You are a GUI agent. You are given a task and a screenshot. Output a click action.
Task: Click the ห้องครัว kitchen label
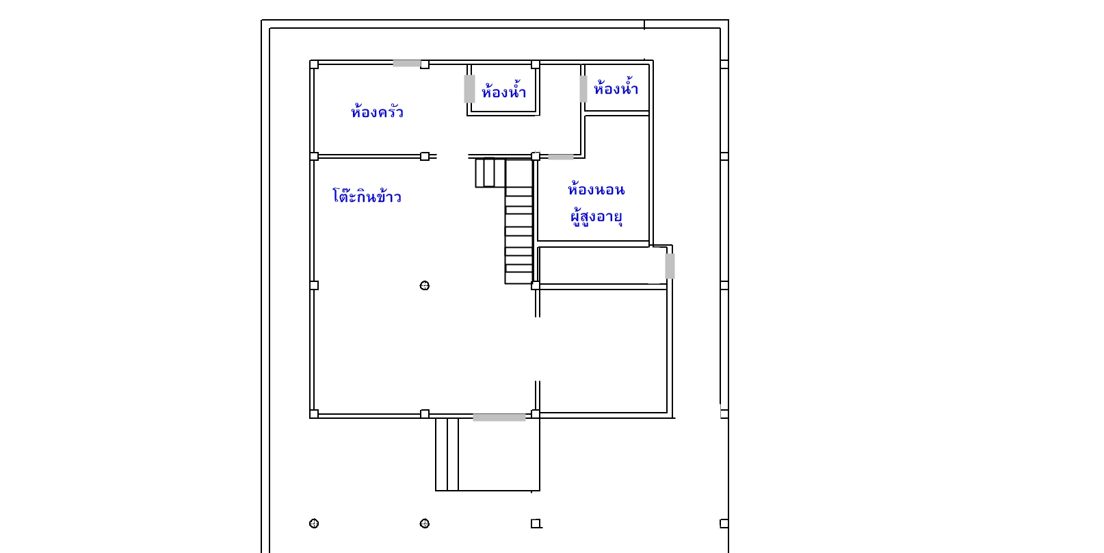(x=377, y=112)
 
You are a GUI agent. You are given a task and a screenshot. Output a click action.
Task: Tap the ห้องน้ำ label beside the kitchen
(x=503, y=90)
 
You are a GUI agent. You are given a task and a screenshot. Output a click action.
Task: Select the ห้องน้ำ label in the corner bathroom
(x=616, y=88)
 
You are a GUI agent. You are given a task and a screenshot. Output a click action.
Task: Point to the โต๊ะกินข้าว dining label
(x=367, y=195)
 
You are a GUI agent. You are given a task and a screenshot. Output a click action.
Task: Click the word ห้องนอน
(x=596, y=189)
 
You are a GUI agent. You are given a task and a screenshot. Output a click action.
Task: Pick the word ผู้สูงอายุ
(x=596, y=216)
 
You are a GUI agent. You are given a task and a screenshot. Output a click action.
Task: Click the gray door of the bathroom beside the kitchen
(x=469, y=89)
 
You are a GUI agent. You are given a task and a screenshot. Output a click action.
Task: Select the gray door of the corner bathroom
(x=583, y=89)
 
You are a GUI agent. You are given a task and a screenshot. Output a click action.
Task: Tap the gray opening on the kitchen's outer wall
(x=406, y=63)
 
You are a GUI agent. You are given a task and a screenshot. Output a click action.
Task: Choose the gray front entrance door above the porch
(x=499, y=417)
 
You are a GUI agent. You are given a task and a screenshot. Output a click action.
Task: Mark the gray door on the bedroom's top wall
(x=561, y=157)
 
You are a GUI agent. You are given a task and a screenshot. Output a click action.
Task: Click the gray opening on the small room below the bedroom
(x=670, y=266)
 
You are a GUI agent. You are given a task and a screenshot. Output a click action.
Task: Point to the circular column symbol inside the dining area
(x=424, y=285)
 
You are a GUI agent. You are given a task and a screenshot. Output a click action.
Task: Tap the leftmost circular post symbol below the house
(x=314, y=524)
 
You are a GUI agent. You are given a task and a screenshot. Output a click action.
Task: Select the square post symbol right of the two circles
(x=536, y=524)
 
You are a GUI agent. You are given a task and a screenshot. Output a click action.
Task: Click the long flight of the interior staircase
(x=519, y=222)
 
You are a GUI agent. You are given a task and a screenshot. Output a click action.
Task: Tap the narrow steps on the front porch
(x=447, y=454)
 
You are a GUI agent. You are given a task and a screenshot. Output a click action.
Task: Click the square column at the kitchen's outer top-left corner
(x=314, y=64)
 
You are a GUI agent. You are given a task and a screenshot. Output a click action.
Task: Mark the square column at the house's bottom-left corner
(x=314, y=414)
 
